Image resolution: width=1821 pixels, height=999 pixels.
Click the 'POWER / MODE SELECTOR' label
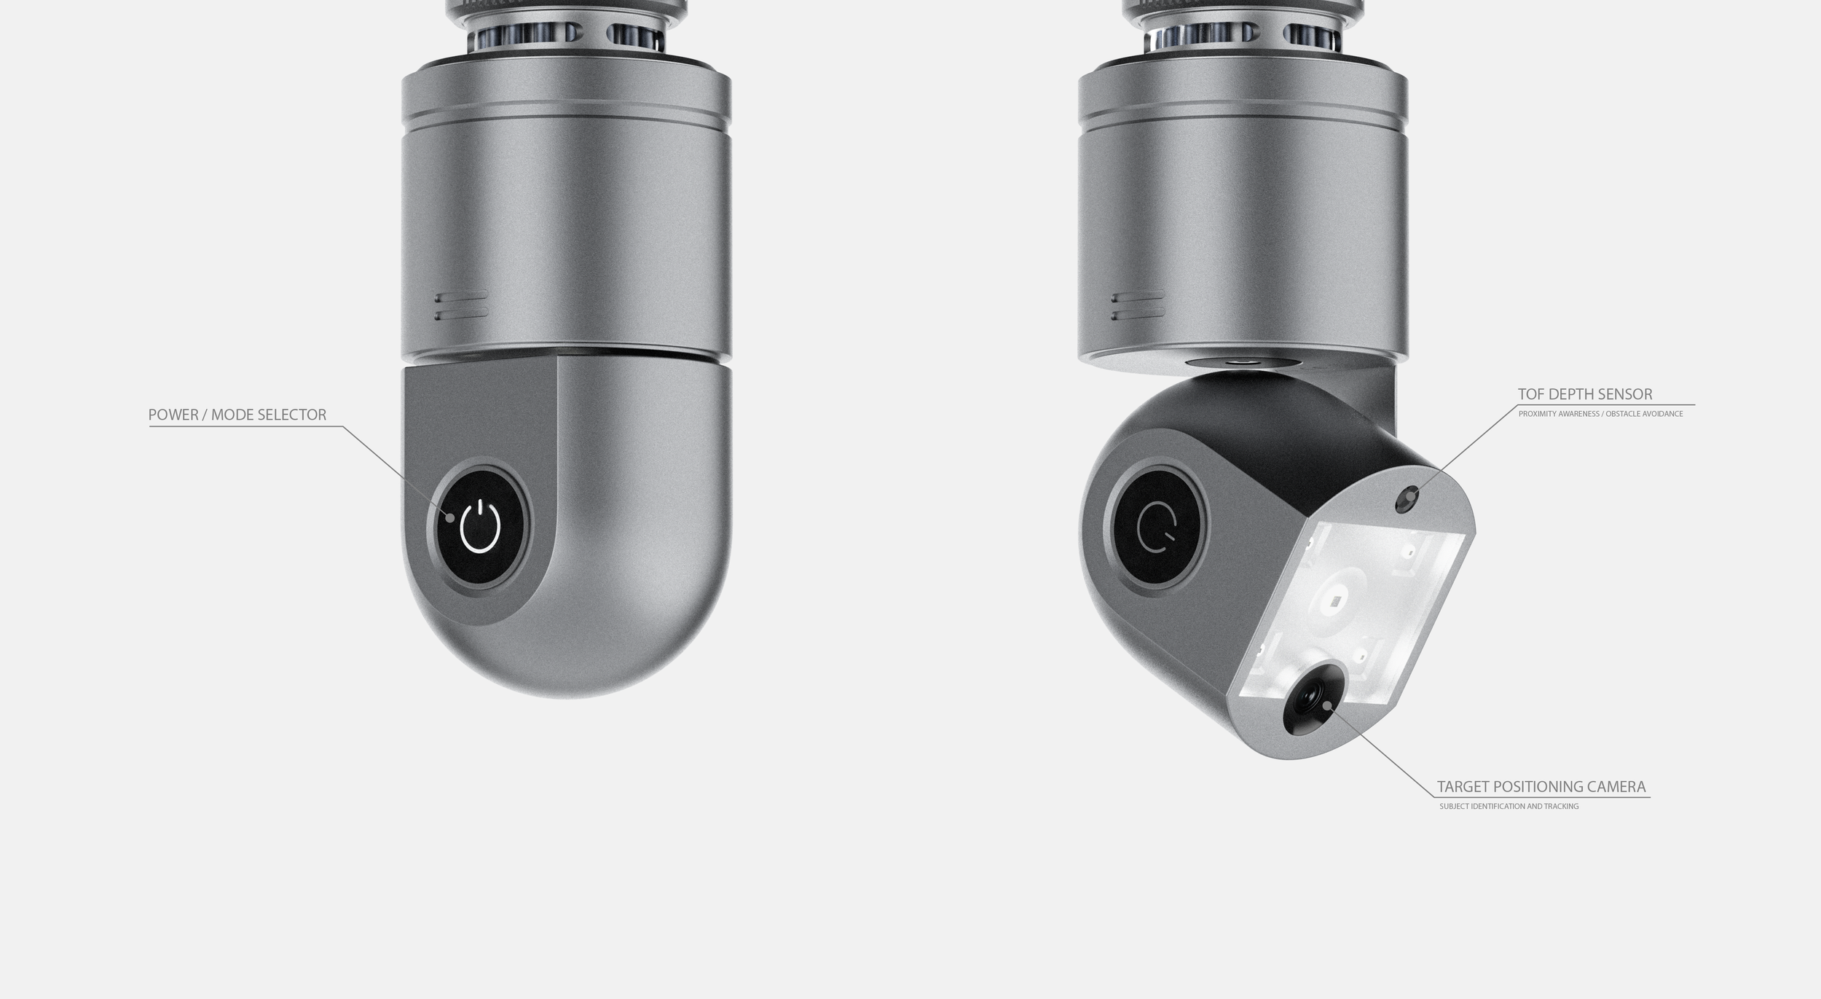coord(237,415)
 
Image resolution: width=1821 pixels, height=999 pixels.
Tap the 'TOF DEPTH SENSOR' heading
coord(1585,394)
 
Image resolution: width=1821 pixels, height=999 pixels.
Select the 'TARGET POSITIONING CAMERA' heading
coord(1541,787)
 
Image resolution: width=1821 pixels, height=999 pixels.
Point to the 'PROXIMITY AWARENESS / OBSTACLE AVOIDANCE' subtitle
coord(1600,414)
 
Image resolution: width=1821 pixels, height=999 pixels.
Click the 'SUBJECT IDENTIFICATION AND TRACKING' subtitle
coord(1509,807)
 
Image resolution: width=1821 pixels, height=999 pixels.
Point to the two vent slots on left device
coord(462,305)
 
